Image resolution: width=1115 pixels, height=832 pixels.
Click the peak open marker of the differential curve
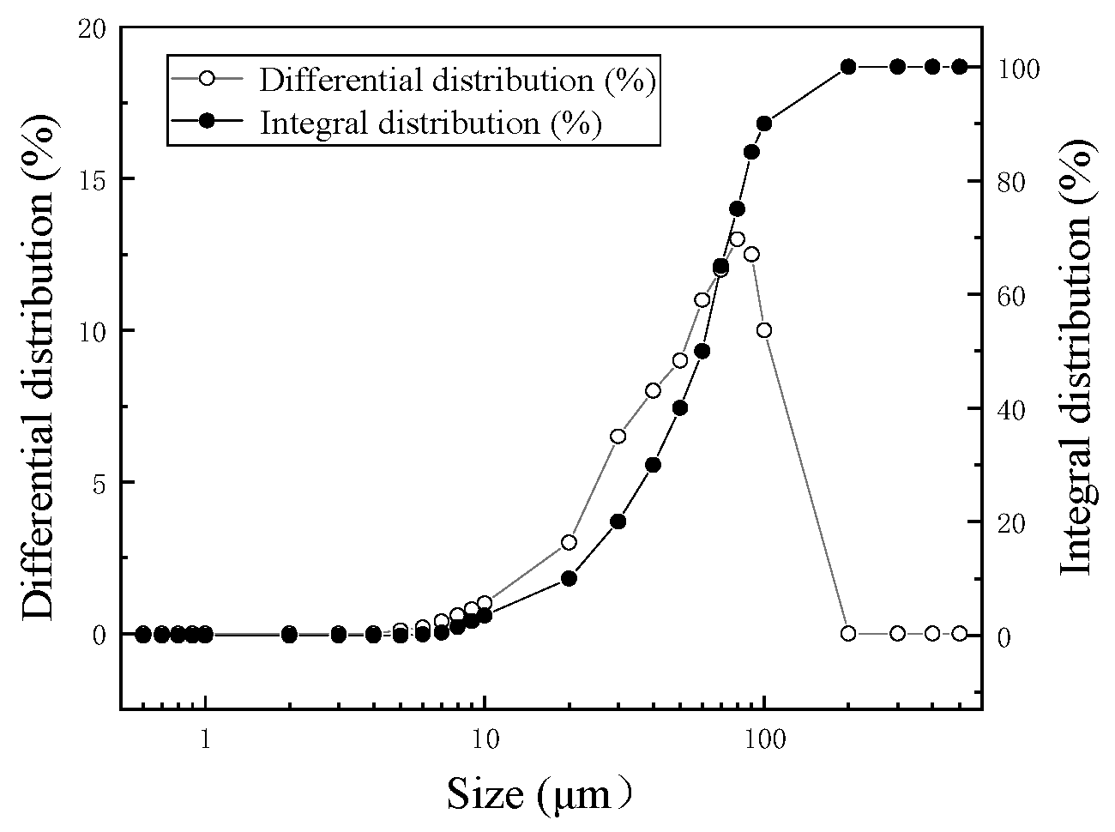point(737,239)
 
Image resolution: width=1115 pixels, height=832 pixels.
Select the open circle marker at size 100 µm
point(764,330)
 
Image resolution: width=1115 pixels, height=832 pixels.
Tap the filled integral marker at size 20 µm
point(569,578)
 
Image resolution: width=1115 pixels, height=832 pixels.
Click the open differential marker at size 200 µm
point(848,633)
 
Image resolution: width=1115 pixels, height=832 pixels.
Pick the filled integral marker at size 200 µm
point(848,67)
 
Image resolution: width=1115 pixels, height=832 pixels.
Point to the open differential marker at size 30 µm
point(618,436)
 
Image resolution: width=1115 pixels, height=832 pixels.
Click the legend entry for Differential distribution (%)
point(457,80)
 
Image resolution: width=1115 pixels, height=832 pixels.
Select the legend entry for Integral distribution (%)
point(430,123)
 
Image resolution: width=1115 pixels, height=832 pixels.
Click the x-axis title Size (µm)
point(539,794)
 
